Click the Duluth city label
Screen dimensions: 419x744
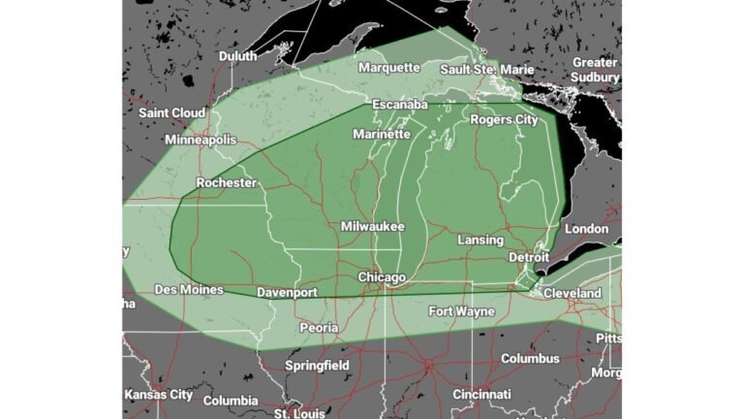coord(238,56)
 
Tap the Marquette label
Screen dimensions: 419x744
coord(388,68)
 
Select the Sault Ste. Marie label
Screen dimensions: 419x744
coord(481,69)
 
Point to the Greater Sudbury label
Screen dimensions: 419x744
coord(595,70)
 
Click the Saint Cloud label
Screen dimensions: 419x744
coord(171,113)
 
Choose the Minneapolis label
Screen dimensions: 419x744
coord(201,140)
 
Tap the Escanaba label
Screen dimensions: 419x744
coord(400,104)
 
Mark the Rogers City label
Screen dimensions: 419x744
coord(504,119)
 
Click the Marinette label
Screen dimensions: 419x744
coord(381,134)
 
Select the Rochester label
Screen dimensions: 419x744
coord(226,182)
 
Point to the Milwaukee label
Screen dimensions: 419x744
coord(372,226)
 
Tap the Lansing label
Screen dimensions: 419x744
coord(480,240)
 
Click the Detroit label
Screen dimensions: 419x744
coord(529,257)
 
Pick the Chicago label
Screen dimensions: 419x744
coord(382,277)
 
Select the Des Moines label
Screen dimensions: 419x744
coord(189,289)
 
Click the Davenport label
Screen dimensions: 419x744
coord(288,292)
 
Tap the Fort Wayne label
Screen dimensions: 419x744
coord(461,311)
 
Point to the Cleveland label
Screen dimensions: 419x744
coord(572,293)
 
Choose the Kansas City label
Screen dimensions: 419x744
coord(159,395)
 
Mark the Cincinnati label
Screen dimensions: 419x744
coord(481,395)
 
